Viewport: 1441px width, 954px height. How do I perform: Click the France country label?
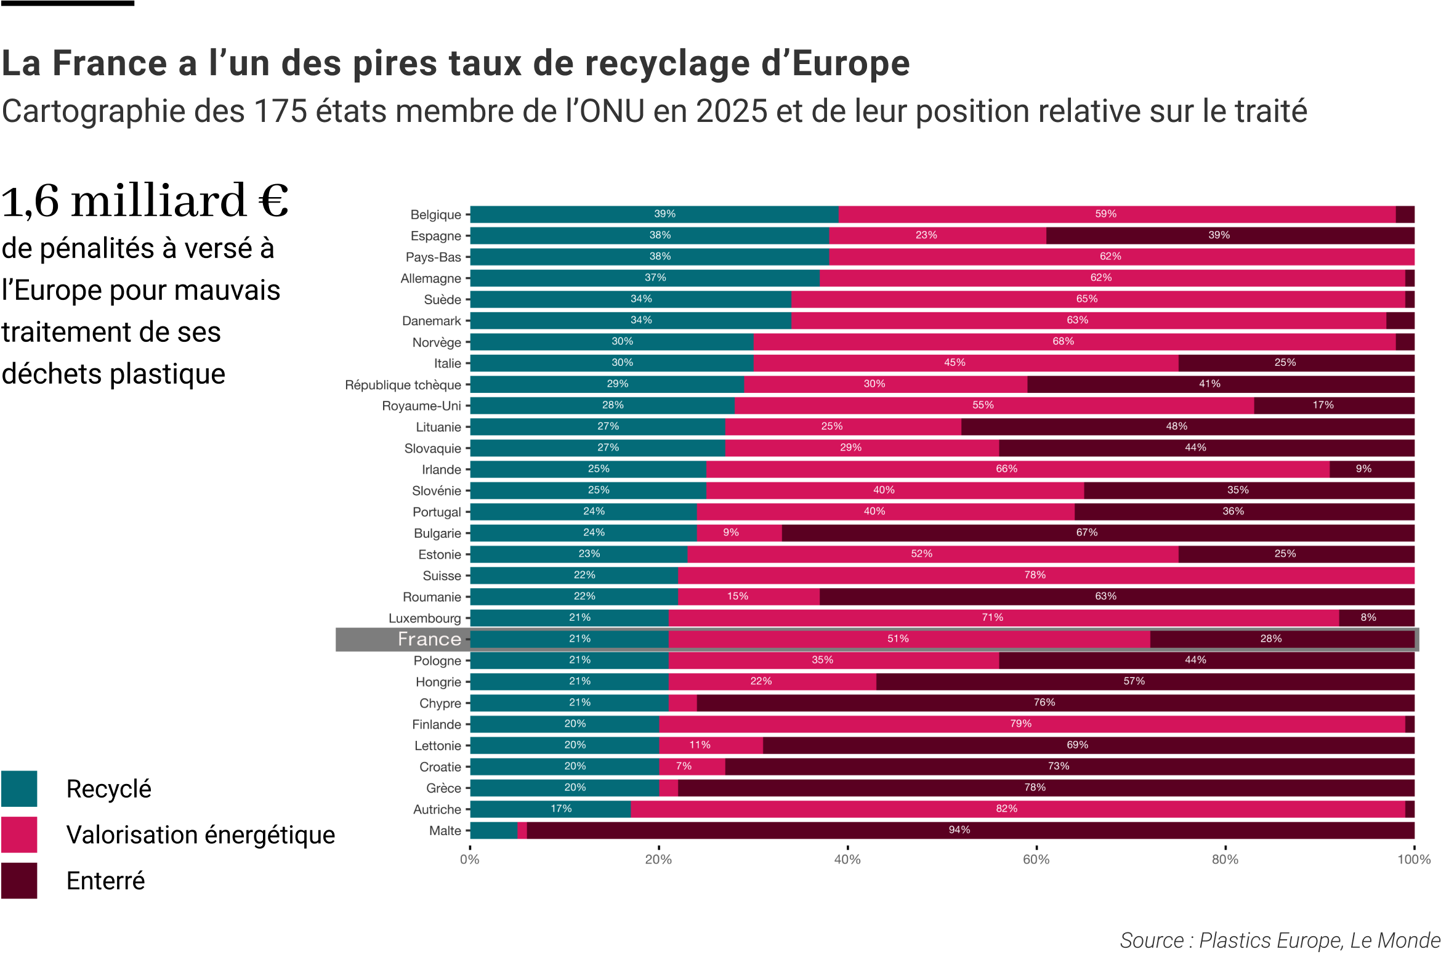[x=429, y=639]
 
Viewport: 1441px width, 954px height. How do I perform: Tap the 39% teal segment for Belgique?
[x=654, y=214]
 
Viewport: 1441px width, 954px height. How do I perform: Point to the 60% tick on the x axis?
[x=1036, y=860]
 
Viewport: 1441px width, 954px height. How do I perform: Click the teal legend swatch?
[x=19, y=788]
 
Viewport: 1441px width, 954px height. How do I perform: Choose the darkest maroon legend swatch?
[x=19, y=880]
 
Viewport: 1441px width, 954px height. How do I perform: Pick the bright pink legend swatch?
[x=19, y=835]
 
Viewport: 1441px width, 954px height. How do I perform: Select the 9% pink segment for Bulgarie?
[x=739, y=533]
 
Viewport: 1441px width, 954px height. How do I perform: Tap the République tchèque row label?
[x=403, y=385]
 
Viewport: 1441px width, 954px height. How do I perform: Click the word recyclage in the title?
[x=668, y=63]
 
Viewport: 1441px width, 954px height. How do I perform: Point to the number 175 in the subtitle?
[x=280, y=111]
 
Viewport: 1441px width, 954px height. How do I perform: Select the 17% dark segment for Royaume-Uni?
[x=1334, y=405]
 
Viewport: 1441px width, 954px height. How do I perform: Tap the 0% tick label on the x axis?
[x=470, y=860]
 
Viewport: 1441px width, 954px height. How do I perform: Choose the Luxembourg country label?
[x=424, y=618]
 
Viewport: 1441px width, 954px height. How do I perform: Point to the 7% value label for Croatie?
[x=684, y=766]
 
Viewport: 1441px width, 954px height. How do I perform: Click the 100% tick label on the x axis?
[x=1414, y=860]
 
